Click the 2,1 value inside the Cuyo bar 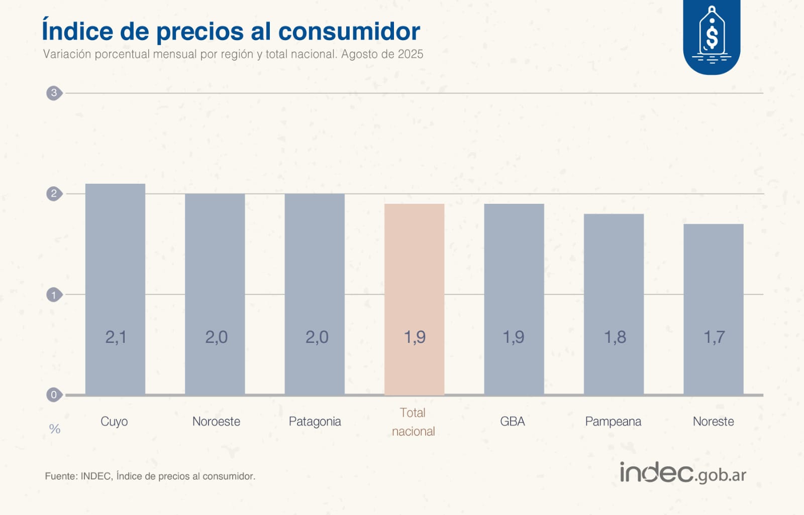click(116, 337)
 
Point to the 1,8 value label click(615, 337)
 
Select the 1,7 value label click(714, 337)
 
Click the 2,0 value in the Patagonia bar click(317, 337)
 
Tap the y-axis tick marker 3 click(54, 93)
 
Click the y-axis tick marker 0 click(54, 395)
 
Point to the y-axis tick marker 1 click(54, 295)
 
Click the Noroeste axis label click(216, 421)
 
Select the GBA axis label click(512, 421)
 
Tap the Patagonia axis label click(315, 421)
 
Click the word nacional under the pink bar click(413, 431)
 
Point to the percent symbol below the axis click(54, 429)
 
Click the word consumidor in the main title click(349, 31)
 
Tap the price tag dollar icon click(712, 34)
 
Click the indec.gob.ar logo click(682, 473)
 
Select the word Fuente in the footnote click(60, 476)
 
